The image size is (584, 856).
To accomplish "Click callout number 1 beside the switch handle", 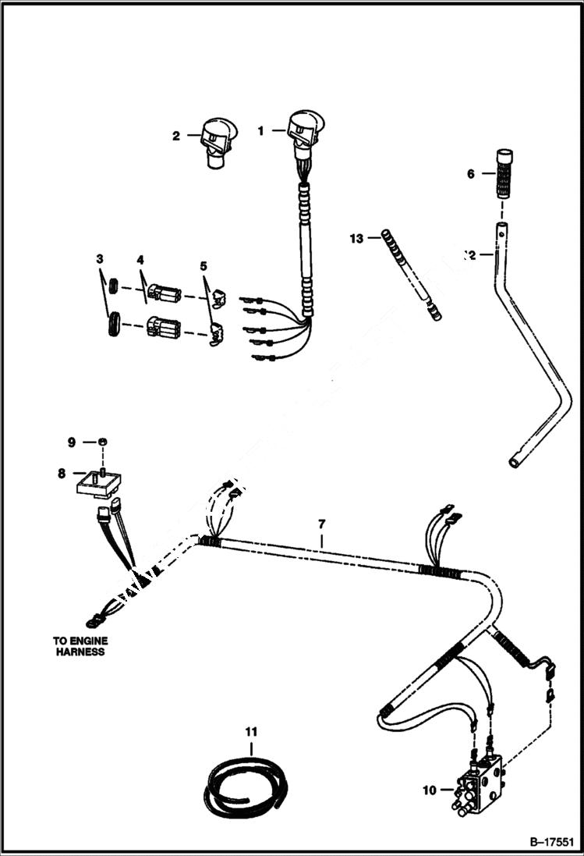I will point(261,130).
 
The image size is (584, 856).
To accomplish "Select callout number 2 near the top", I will point(176,136).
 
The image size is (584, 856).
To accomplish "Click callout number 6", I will point(471,174).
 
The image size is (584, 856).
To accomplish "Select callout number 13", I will point(356,238).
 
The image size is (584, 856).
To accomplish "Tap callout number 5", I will point(204,265).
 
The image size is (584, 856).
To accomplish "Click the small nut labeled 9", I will point(103,443).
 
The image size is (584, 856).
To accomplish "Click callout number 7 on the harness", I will point(321,523).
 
